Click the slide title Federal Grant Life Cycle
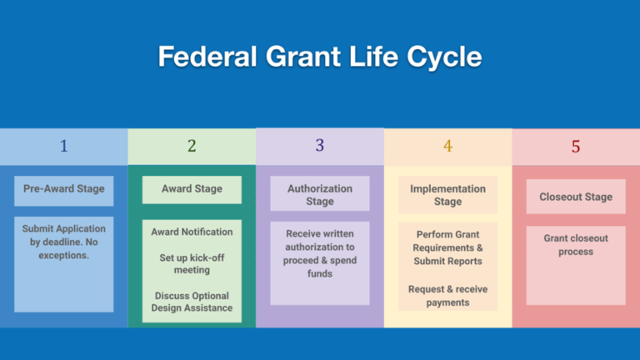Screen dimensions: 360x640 320,57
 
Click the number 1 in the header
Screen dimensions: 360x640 63,146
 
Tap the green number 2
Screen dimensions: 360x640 192,146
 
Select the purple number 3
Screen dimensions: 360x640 319,146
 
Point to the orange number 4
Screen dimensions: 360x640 447,146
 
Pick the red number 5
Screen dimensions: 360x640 575,147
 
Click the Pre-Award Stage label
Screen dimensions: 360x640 63,189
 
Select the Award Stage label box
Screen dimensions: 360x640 192,189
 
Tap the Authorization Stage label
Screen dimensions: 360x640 320,195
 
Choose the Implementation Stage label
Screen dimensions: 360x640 447,195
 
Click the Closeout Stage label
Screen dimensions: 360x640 575,197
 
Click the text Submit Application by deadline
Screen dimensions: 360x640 63,242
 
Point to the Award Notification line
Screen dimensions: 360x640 192,232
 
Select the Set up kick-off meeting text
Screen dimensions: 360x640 192,264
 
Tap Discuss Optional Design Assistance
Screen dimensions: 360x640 192,302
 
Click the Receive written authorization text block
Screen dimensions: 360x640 320,253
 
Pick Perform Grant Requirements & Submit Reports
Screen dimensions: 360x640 447,247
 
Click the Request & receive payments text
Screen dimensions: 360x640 447,296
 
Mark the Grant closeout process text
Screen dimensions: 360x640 575,244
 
